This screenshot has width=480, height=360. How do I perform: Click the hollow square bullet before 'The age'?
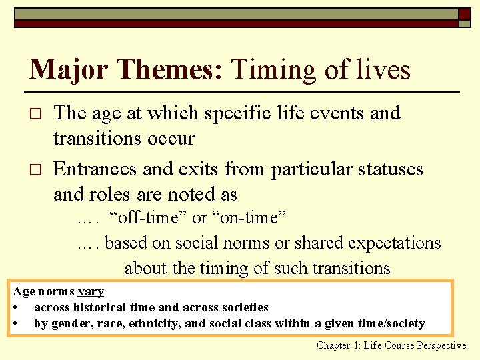pos(37,114)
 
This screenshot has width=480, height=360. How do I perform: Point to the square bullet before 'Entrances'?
pos(37,170)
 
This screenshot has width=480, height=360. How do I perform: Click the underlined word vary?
pos(91,291)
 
